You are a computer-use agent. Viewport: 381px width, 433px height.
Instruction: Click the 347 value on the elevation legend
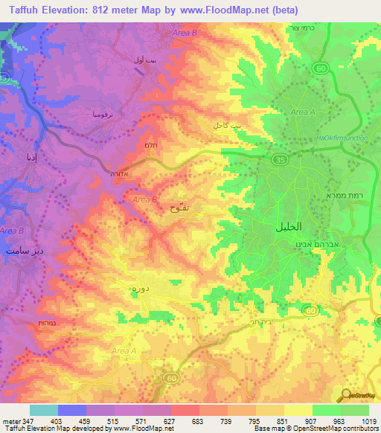(20, 422)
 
